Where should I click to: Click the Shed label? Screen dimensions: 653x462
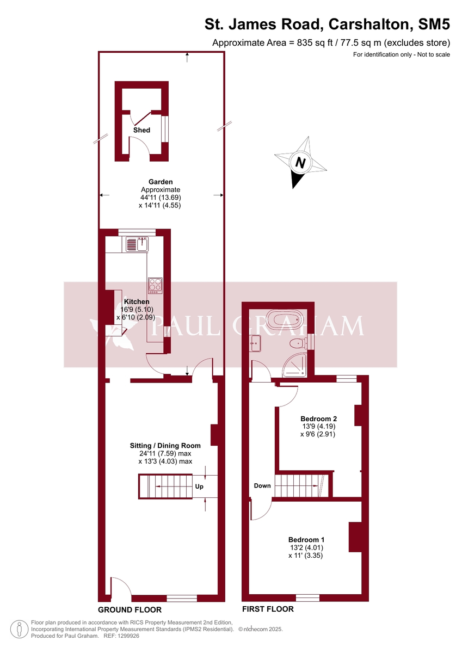click(x=142, y=131)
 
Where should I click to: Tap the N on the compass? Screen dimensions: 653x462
click(x=300, y=162)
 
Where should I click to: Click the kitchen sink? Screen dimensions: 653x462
click(x=137, y=245)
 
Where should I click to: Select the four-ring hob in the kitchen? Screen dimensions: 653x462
click(x=155, y=285)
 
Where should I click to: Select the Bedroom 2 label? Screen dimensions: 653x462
click(x=319, y=419)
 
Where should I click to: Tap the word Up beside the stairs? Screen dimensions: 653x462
click(x=199, y=486)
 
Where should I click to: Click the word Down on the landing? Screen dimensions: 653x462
click(x=262, y=486)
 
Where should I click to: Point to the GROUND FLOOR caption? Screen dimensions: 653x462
click(x=130, y=610)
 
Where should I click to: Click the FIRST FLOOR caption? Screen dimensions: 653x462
click(x=268, y=609)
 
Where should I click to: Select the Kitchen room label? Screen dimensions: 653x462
click(x=137, y=301)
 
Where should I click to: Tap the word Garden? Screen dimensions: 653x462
click(x=161, y=182)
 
